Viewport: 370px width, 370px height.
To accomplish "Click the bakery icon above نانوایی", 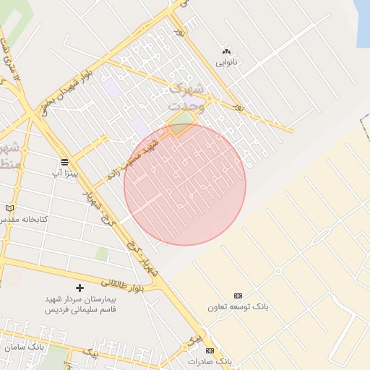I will (x=226, y=51).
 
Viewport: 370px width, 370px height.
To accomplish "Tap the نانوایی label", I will (x=226, y=62).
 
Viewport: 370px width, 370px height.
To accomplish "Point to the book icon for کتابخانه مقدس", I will (x=9, y=208).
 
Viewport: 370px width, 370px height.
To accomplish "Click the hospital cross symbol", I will (x=79, y=288).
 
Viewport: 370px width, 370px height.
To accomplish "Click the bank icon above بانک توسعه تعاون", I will (x=238, y=296).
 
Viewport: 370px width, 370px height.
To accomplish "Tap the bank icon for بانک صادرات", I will (x=210, y=350).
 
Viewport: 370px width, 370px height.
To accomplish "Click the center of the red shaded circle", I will (x=185, y=184).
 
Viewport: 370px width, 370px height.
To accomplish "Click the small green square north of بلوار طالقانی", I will (x=103, y=254).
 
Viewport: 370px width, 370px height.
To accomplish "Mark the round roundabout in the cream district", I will (x=277, y=272).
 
